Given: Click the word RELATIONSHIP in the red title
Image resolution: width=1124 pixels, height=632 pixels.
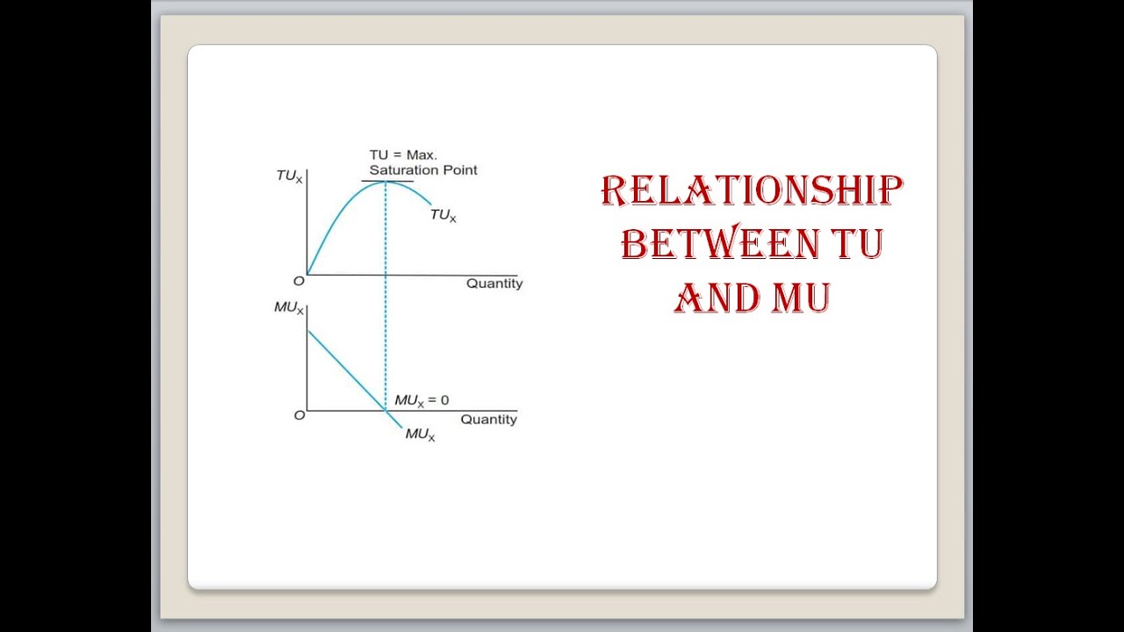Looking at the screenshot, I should [x=752, y=191].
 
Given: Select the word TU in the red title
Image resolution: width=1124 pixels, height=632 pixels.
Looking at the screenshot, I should [x=859, y=244].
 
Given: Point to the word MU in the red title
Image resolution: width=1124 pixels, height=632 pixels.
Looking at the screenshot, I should [x=801, y=298].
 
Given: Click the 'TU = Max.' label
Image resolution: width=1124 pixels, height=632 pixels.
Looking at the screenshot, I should [x=403, y=154].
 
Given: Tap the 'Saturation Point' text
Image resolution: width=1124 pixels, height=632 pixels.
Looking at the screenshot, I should [x=423, y=170].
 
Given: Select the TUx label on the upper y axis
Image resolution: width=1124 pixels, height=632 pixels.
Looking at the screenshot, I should [x=289, y=176].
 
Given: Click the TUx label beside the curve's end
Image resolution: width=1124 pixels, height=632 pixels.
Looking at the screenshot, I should [x=443, y=215].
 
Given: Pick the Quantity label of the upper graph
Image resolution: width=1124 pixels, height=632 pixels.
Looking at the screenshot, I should [x=494, y=284].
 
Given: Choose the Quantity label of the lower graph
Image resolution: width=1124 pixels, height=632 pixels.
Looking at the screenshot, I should [x=488, y=420].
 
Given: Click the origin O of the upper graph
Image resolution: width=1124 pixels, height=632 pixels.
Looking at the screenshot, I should [x=299, y=281].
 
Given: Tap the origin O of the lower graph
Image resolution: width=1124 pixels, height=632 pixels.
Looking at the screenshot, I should [x=299, y=415].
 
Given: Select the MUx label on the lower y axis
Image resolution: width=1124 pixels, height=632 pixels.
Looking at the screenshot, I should [x=288, y=309].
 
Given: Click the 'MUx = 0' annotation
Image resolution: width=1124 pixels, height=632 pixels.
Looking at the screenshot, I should [x=421, y=400].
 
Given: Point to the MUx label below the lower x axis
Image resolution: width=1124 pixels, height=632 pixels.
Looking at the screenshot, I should [x=420, y=434].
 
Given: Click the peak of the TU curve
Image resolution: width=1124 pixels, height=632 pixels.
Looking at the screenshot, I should [x=385, y=181].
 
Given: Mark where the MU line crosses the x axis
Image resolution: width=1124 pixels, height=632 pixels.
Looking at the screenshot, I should [x=385, y=410].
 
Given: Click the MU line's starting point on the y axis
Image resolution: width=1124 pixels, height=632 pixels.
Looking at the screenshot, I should [x=307, y=331].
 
